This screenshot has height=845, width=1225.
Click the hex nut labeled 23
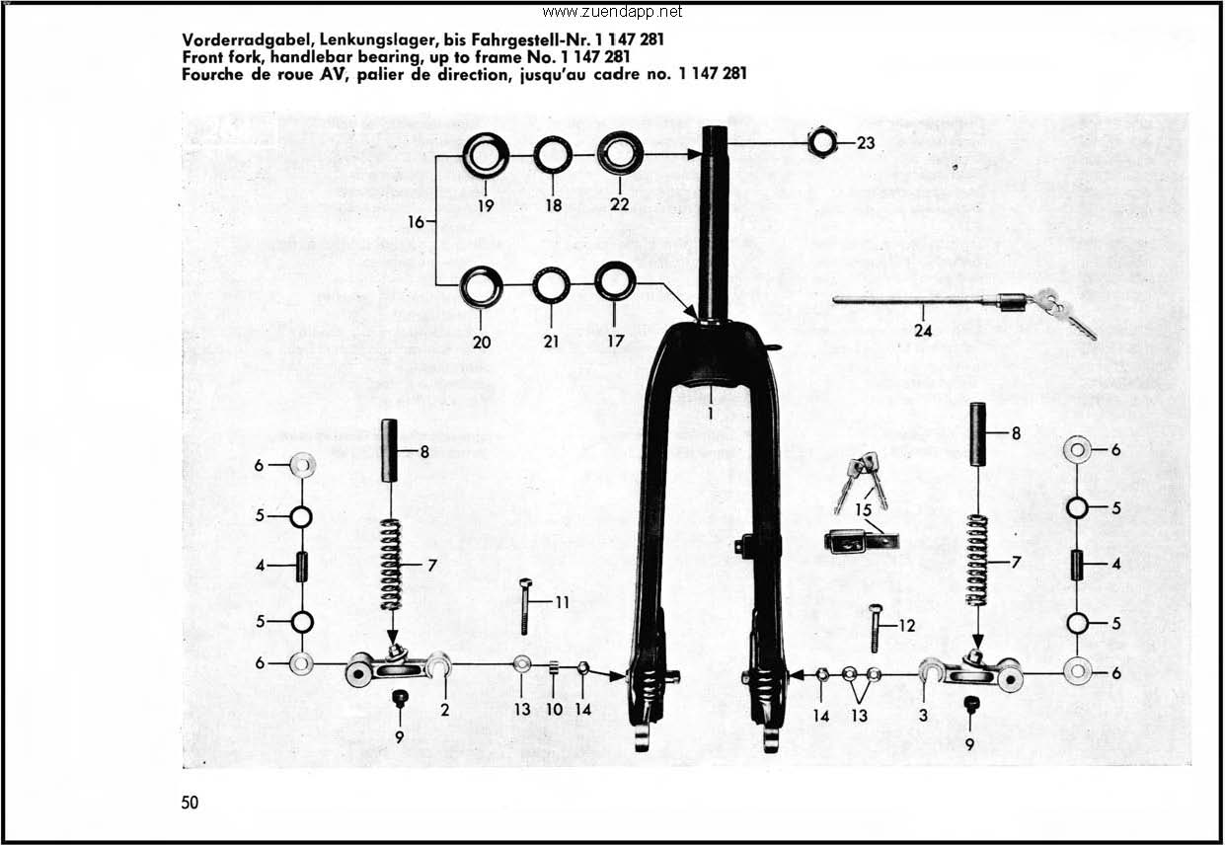[821, 143]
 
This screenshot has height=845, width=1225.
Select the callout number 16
[416, 222]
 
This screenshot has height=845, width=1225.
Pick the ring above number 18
[553, 155]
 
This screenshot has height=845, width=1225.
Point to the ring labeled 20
[482, 287]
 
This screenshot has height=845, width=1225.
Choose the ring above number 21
[551, 286]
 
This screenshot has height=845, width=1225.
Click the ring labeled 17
[614, 281]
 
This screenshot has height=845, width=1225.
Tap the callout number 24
[923, 331]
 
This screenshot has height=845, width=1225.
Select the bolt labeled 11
[525, 604]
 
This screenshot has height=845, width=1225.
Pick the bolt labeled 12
[875, 626]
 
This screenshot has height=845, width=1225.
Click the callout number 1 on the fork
[709, 414]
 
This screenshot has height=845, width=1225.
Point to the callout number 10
[554, 709]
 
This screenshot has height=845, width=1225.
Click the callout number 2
[445, 709]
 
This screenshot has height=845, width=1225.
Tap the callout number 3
[923, 716]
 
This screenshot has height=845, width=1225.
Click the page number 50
[190, 803]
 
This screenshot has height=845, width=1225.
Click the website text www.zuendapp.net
[612, 12]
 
